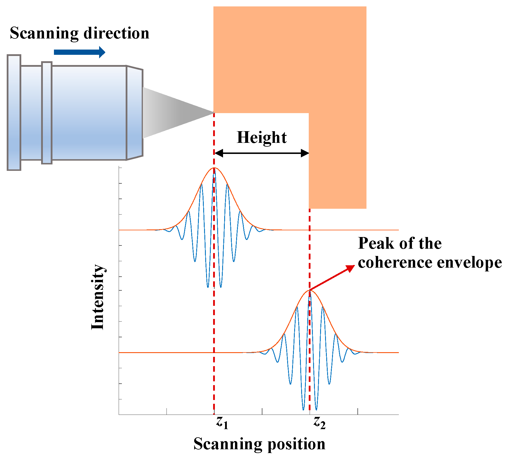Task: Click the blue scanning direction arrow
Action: [x=79, y=52]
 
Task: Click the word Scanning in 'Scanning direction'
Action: [x=44, y=33]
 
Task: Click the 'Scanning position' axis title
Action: [x=259, y=444]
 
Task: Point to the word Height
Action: [x=262, y=137]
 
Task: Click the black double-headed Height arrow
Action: [x=262, y=153]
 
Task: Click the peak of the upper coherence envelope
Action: [x=214, y=168]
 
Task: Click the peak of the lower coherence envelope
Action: [x=309, y=290]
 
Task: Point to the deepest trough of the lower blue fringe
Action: [x=304, y=410]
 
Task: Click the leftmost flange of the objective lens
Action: [x=14, y=113]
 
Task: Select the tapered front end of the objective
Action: [x=135, y=113]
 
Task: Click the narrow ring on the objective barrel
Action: [x=47, y=113]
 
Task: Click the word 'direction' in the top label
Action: [x=116, y=33]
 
